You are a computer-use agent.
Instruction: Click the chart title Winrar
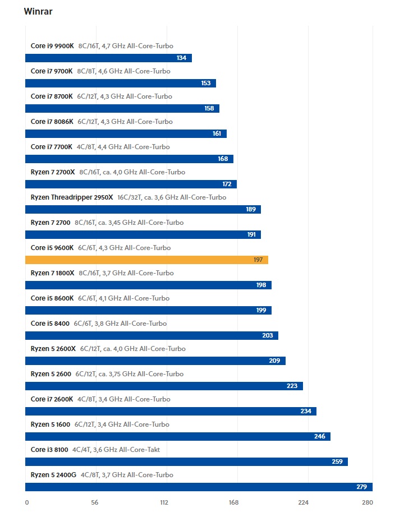point(38,12)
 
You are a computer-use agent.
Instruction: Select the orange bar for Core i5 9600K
point(146,260)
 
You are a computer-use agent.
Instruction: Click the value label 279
point(361,487)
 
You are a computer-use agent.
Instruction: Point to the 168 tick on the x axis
point(233,502)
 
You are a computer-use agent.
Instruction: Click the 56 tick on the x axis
point(94,502)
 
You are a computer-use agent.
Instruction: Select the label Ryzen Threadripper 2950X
point(72,197)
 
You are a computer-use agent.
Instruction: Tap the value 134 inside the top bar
point(181,58)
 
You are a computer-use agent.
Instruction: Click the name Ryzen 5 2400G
point(53,475)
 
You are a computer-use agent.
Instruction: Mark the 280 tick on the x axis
point(367,502)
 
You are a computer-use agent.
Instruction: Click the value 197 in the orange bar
point(258,260)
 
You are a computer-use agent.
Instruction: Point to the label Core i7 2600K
point(52,399)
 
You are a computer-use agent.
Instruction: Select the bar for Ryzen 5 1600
point(177,436)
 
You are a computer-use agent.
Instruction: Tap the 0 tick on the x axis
point(27,502)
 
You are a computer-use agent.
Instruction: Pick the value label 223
point(292,386)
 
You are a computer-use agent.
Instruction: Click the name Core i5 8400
point(50,324)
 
